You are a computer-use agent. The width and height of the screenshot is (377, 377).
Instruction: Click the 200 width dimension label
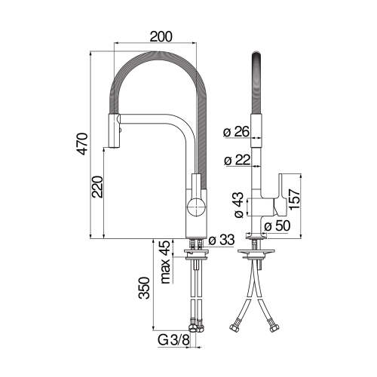point(161,36)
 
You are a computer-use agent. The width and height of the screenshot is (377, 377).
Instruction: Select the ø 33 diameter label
point(223,241)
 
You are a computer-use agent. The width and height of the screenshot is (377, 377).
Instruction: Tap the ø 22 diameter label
point(236,159)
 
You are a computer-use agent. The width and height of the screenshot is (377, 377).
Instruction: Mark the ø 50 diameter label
point(277,225)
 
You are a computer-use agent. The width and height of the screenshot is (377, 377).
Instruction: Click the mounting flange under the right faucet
point(257,249)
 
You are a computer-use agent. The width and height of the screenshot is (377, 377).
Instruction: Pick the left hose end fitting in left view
point(193,326)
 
